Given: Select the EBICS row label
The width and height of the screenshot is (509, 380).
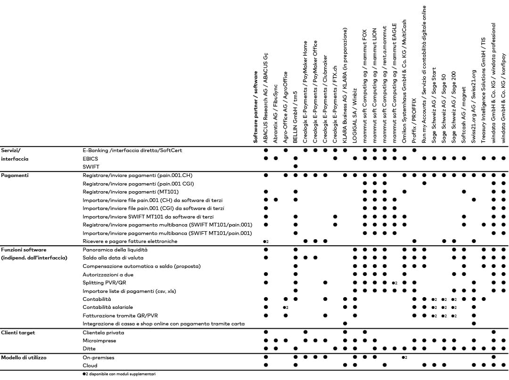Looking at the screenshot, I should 90,158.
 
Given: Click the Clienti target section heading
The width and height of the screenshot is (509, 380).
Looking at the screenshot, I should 17,332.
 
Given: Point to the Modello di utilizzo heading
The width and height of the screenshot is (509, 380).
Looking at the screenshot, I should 23,357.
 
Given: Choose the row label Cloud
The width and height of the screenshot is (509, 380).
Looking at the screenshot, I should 90,365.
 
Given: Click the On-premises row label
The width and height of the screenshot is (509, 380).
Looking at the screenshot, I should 98,357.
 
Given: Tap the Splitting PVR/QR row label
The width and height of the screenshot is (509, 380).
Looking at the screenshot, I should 105,283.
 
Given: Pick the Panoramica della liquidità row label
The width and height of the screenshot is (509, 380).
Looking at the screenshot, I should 115,250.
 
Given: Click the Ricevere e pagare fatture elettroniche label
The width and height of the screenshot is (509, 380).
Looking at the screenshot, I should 130,241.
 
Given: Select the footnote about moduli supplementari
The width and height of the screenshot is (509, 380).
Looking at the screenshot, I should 119,374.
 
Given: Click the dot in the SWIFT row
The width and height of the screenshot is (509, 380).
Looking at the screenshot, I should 296,166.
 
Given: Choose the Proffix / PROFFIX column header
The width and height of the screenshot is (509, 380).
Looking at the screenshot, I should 414,122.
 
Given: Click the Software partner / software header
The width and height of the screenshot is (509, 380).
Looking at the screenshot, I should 256,107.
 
